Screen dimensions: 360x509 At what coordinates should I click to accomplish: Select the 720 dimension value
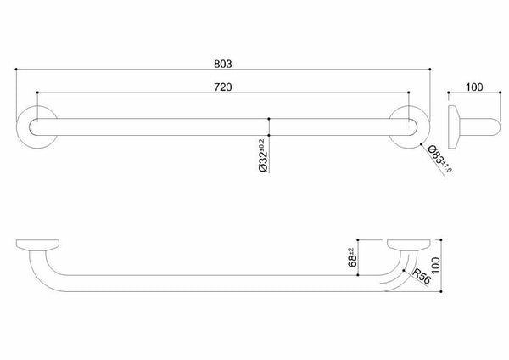pos(224,87)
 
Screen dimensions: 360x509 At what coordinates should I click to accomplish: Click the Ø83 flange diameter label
pos(439,160)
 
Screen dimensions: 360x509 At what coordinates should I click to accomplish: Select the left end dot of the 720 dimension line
pos(36,93)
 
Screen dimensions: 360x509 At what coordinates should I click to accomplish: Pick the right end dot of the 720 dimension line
pos(411,93)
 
